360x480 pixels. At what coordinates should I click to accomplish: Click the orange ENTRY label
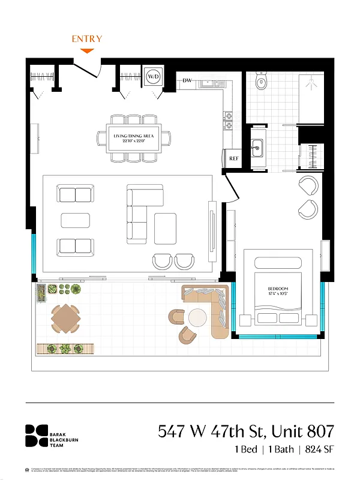[x=87, y=39]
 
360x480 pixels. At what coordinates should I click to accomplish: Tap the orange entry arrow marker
[x=87, y=50]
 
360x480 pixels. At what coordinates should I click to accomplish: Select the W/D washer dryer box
[x=153, y=77]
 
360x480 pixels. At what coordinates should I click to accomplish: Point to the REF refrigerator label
[x=234, y=158]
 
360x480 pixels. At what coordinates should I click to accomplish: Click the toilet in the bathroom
[x=262, y=82]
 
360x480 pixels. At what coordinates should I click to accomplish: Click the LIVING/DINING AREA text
[x=133, y=137]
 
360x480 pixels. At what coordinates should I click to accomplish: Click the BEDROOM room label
[x=278, y=290]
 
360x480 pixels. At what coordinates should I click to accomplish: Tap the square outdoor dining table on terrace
[x=65, y=319]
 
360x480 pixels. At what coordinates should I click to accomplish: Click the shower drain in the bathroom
[x=311, y=85]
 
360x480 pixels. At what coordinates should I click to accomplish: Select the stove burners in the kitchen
[x=229, y=120]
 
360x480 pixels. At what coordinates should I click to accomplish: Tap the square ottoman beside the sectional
[x=165, y=229]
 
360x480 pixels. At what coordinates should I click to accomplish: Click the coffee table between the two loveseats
[x=75, y=220]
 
